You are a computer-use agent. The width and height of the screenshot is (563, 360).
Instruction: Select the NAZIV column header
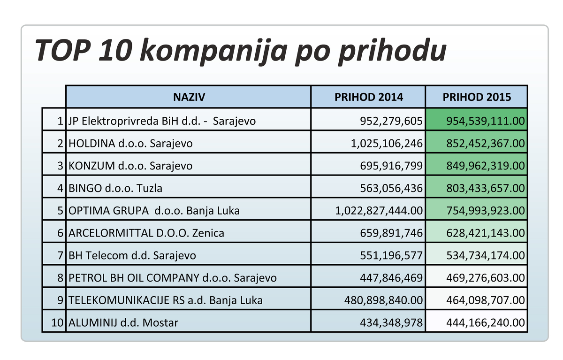pos(189,97)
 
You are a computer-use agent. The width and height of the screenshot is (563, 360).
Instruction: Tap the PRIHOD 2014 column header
pos(368,97)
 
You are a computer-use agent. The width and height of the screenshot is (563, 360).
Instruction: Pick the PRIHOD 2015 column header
pos(477,97)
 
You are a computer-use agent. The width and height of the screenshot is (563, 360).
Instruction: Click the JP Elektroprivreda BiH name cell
pos(162,121)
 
